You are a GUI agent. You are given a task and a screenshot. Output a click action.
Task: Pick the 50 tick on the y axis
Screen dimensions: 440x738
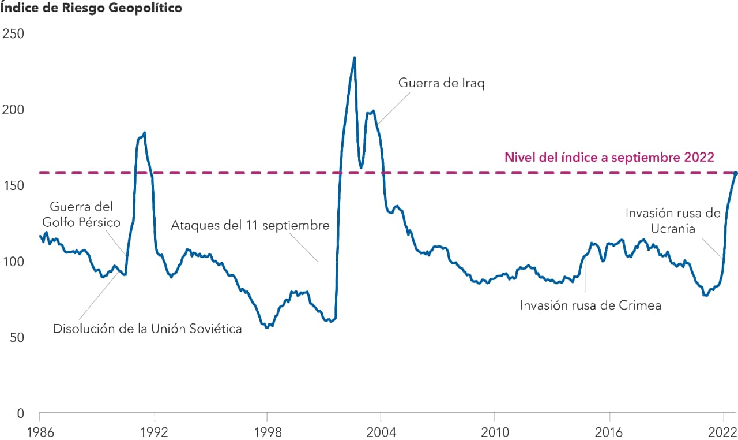[x=16, y=338]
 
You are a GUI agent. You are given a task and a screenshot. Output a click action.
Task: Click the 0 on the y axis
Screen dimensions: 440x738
[x=19, y=413]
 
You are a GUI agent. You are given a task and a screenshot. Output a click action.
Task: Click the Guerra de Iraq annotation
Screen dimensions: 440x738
[x=442, y=83]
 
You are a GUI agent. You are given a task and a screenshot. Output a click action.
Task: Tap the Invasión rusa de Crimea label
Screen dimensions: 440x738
[x=590, y=305]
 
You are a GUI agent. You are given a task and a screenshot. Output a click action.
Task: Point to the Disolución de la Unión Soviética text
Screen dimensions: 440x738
[x=147, y=329]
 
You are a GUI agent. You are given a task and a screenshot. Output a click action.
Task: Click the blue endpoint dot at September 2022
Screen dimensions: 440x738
[x=735, y=173]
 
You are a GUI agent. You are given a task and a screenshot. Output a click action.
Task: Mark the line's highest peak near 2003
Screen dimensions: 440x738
[x=355, y=57]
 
